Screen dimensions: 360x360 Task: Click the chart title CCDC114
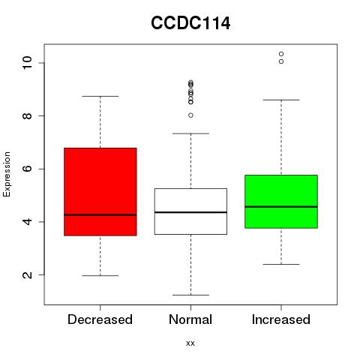click(190, 23)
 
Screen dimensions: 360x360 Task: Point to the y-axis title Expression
click(7, 174)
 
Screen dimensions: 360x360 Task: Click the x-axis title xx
click(190, 343)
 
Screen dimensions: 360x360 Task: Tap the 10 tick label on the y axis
click(27, 62)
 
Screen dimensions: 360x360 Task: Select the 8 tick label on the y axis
click(27, 115)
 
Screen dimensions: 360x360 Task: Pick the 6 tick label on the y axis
click(27, 169)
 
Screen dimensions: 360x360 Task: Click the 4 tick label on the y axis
click(27, 222)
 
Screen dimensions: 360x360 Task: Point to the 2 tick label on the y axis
click(27, 274)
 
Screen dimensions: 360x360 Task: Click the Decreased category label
click(100, 319)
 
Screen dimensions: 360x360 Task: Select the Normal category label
click(190, 319)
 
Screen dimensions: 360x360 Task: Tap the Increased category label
click(281, 319)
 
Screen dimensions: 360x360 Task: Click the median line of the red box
click(100, 214)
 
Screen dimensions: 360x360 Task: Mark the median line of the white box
click(190, 212)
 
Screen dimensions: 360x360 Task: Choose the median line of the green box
click(281, 207)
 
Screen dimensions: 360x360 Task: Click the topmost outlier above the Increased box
click(281, 54)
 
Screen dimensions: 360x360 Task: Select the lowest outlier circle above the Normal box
click(190, 115)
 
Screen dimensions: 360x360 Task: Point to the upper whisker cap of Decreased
click(100, 96)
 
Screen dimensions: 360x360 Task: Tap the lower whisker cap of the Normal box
click(190, 295)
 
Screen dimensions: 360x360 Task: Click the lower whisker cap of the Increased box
click(281, 264)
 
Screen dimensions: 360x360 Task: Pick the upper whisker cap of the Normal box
click(190, 133)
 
